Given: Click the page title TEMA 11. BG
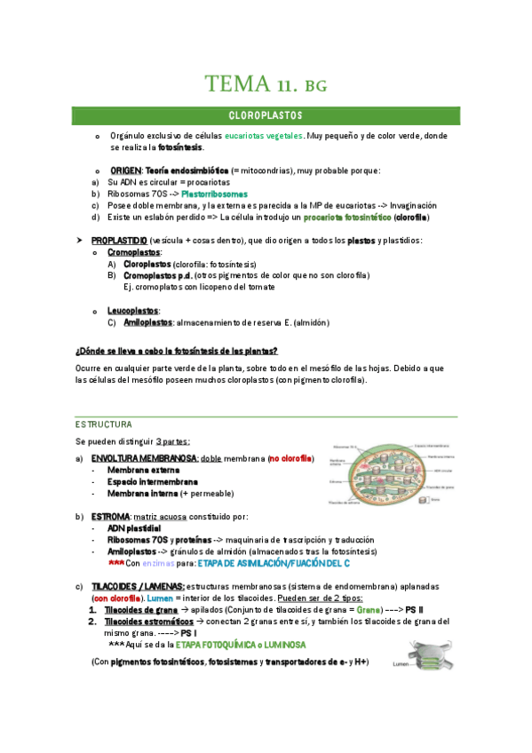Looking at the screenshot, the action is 266,84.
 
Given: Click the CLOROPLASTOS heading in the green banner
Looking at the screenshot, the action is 266,116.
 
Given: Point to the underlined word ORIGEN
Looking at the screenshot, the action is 125,170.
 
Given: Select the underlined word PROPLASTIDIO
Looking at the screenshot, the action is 119,241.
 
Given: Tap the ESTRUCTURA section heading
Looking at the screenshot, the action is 104,425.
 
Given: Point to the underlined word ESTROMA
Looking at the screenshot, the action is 110,516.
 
